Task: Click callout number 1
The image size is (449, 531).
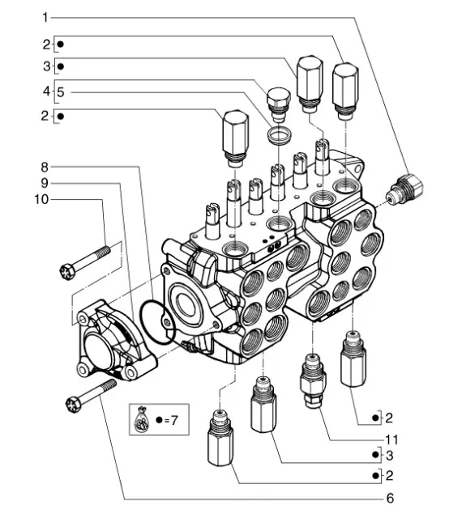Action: tap(45, 17)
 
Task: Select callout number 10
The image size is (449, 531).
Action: tap(41, 199)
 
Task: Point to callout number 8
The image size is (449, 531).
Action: tap(45, 167)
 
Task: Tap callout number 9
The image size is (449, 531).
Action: tap(45, 183)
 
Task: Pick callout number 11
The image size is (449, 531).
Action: tap(391, 440)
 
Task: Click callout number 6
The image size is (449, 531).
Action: tap(390, 499)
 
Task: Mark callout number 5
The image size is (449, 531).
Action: tap(61, 92)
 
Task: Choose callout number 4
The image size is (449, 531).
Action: tap(46, 91)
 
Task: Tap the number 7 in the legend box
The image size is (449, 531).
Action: tap(173, 420)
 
